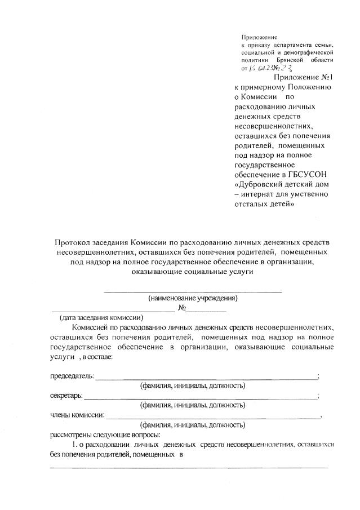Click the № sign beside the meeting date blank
(x=181, y=308)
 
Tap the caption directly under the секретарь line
(x=192, y=405)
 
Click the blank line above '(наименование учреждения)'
(x=192, y=291)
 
